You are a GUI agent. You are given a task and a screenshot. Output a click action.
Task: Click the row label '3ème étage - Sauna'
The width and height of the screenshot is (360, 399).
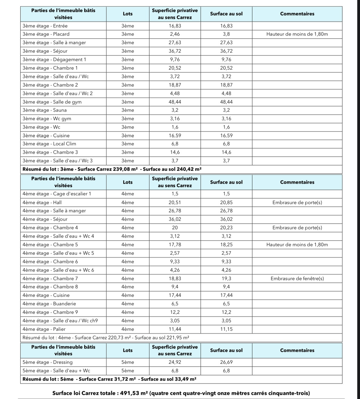tap(45, 110)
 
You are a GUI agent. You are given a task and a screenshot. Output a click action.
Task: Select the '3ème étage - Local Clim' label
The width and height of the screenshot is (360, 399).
tap(49, 144)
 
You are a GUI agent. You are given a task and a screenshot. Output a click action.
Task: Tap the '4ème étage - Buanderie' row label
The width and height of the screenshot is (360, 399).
tap(49, 304)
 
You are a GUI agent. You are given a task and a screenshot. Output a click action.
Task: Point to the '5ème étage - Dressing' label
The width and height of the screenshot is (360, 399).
tap(48, 362)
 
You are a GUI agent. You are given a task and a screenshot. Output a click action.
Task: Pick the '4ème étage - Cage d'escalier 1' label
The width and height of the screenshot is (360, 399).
tap(57, 194)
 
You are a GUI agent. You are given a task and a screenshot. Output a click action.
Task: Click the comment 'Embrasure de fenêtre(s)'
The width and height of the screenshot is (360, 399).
tap(297, 279)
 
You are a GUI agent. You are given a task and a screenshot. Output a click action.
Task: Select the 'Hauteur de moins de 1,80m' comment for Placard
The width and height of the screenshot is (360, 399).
tap(297, 34)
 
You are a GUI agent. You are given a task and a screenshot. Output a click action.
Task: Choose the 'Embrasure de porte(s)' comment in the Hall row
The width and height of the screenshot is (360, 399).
tap(297, 203)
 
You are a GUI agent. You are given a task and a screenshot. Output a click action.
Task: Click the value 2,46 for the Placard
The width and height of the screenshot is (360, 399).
tap(175, 34)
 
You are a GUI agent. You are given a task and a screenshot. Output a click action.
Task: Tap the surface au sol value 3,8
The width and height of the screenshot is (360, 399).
tap(226, 34)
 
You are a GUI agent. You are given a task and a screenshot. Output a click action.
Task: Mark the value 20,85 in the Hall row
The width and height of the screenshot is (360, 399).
tap(226, 203)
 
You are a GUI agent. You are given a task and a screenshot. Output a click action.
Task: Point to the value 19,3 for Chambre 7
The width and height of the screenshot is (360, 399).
tap(226, 279)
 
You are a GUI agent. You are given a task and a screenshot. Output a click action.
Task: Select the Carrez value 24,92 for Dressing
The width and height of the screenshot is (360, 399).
tap(175, 362)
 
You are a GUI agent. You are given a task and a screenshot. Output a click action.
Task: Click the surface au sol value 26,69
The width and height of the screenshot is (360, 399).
tap(226, 362)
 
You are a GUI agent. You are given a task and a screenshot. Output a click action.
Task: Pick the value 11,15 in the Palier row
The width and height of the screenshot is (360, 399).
tap(226, 329)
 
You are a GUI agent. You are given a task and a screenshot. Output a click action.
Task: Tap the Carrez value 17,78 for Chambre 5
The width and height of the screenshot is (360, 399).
tap(175, 245)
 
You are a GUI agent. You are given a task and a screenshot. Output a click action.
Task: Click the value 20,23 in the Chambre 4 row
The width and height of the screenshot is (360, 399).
tap(226, 228)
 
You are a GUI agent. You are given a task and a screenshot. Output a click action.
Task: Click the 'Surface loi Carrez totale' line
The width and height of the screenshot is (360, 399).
tap(181, 394)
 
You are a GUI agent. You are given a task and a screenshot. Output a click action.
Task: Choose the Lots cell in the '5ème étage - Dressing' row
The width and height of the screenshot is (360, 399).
tap(128, 362)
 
